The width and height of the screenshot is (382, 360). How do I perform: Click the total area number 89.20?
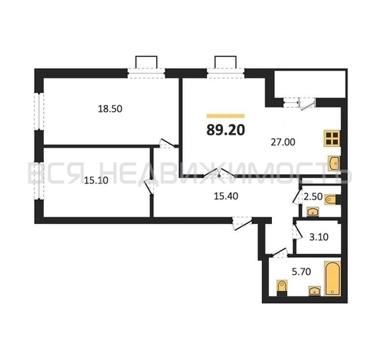[x=225, y=130]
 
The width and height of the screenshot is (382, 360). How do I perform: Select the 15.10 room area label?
[x=76, y=181]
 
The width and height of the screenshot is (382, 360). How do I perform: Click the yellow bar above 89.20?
[x=225, y=115]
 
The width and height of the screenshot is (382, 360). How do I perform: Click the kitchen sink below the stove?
[x=335, y=163]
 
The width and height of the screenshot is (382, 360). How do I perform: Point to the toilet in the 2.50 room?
[x=332, y=199]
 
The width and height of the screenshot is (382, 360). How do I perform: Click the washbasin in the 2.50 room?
[x=312, y=212]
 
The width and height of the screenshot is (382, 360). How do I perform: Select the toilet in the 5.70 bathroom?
[x=283, y=289]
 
